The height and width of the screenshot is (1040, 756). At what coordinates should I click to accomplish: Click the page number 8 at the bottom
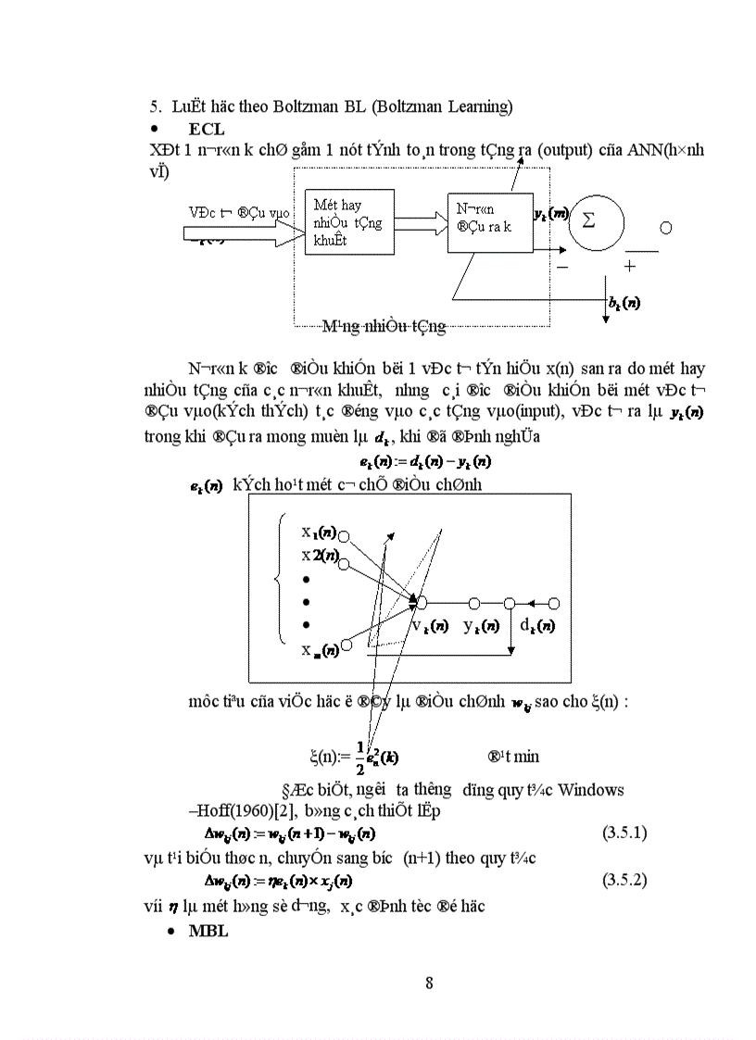429,983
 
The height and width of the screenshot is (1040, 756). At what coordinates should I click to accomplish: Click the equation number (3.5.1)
624,833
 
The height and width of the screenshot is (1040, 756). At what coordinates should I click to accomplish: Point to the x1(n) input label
318,533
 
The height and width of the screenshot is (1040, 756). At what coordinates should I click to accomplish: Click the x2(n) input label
318,555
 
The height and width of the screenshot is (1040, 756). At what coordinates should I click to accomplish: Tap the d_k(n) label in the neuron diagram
536,625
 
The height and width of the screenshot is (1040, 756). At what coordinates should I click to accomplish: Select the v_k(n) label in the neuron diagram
430,625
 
